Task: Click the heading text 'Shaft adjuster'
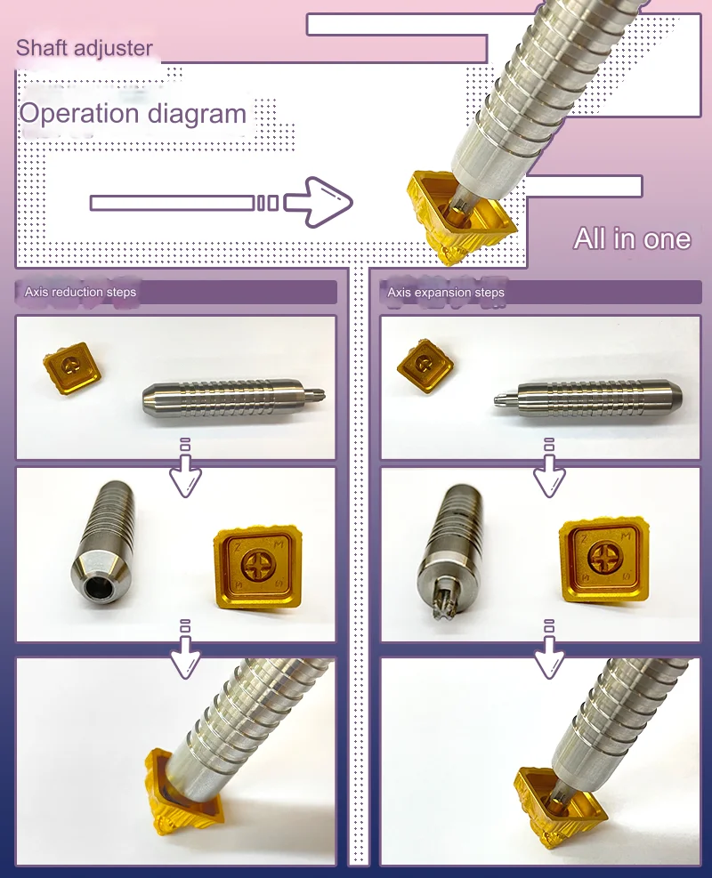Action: pos(85,48)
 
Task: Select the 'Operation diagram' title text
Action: pos(133,114)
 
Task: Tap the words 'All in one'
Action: pos(632,238)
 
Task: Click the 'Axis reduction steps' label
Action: pos(81,292)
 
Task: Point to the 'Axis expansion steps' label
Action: pos(446,292)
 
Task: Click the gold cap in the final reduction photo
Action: pos(178,792)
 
